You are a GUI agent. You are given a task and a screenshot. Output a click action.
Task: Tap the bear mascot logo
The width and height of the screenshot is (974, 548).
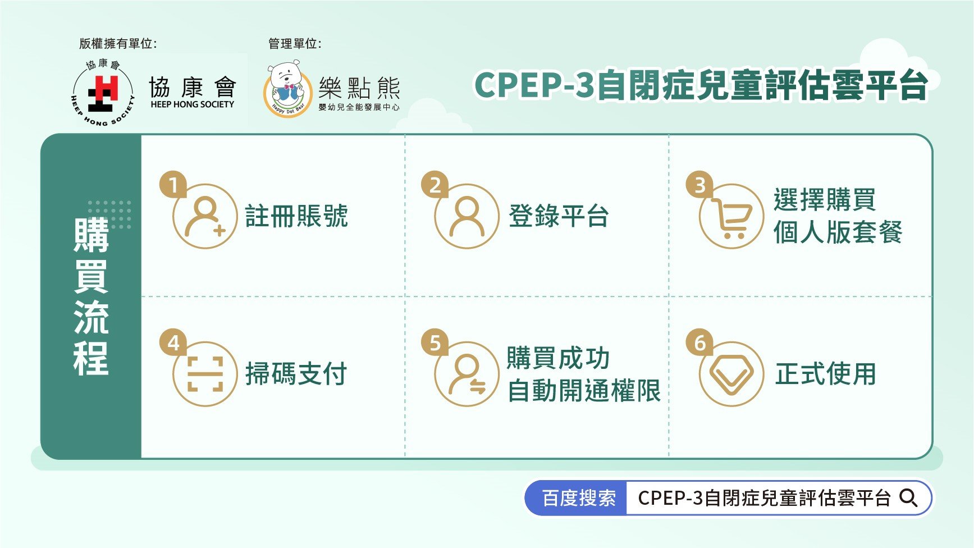[x=287, y=90]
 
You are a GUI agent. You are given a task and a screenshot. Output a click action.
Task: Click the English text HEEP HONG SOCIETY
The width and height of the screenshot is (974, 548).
[x=192, y=104]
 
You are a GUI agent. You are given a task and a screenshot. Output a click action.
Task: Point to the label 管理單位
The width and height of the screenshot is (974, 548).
[x=295, y=43]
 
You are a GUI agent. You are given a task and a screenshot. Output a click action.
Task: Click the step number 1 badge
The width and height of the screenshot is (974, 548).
[x=173, y=185]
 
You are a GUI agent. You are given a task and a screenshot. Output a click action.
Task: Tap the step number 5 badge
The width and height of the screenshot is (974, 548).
[x=435, y=343]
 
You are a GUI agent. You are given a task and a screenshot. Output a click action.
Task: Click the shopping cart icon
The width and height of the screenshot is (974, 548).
[x=731, y=217]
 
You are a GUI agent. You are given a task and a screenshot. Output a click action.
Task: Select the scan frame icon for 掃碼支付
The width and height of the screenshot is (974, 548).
[x=205, y=374]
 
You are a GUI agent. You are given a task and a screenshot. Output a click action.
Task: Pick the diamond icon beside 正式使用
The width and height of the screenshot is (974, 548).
[x=731, y=375]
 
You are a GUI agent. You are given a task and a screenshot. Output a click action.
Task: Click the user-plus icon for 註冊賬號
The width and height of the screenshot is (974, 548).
[x=205, y=216]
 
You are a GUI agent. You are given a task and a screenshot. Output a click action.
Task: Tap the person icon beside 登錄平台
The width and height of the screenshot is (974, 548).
[x=467, y=216]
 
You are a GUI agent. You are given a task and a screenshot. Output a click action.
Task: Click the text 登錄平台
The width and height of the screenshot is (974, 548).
[x=559, y=216]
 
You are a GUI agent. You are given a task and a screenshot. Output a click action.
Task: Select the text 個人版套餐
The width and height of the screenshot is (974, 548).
[x=838, y=232]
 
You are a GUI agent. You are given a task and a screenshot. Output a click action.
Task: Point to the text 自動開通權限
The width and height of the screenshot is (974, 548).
[x=584, y=391]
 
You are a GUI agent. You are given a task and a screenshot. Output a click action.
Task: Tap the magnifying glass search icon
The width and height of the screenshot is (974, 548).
[x=908, y=498]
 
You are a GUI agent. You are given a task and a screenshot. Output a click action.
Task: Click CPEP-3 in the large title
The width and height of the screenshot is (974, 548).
[x=533, y=86]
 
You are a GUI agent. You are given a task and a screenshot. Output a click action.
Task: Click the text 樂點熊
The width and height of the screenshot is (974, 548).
[x=359, y=88]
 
